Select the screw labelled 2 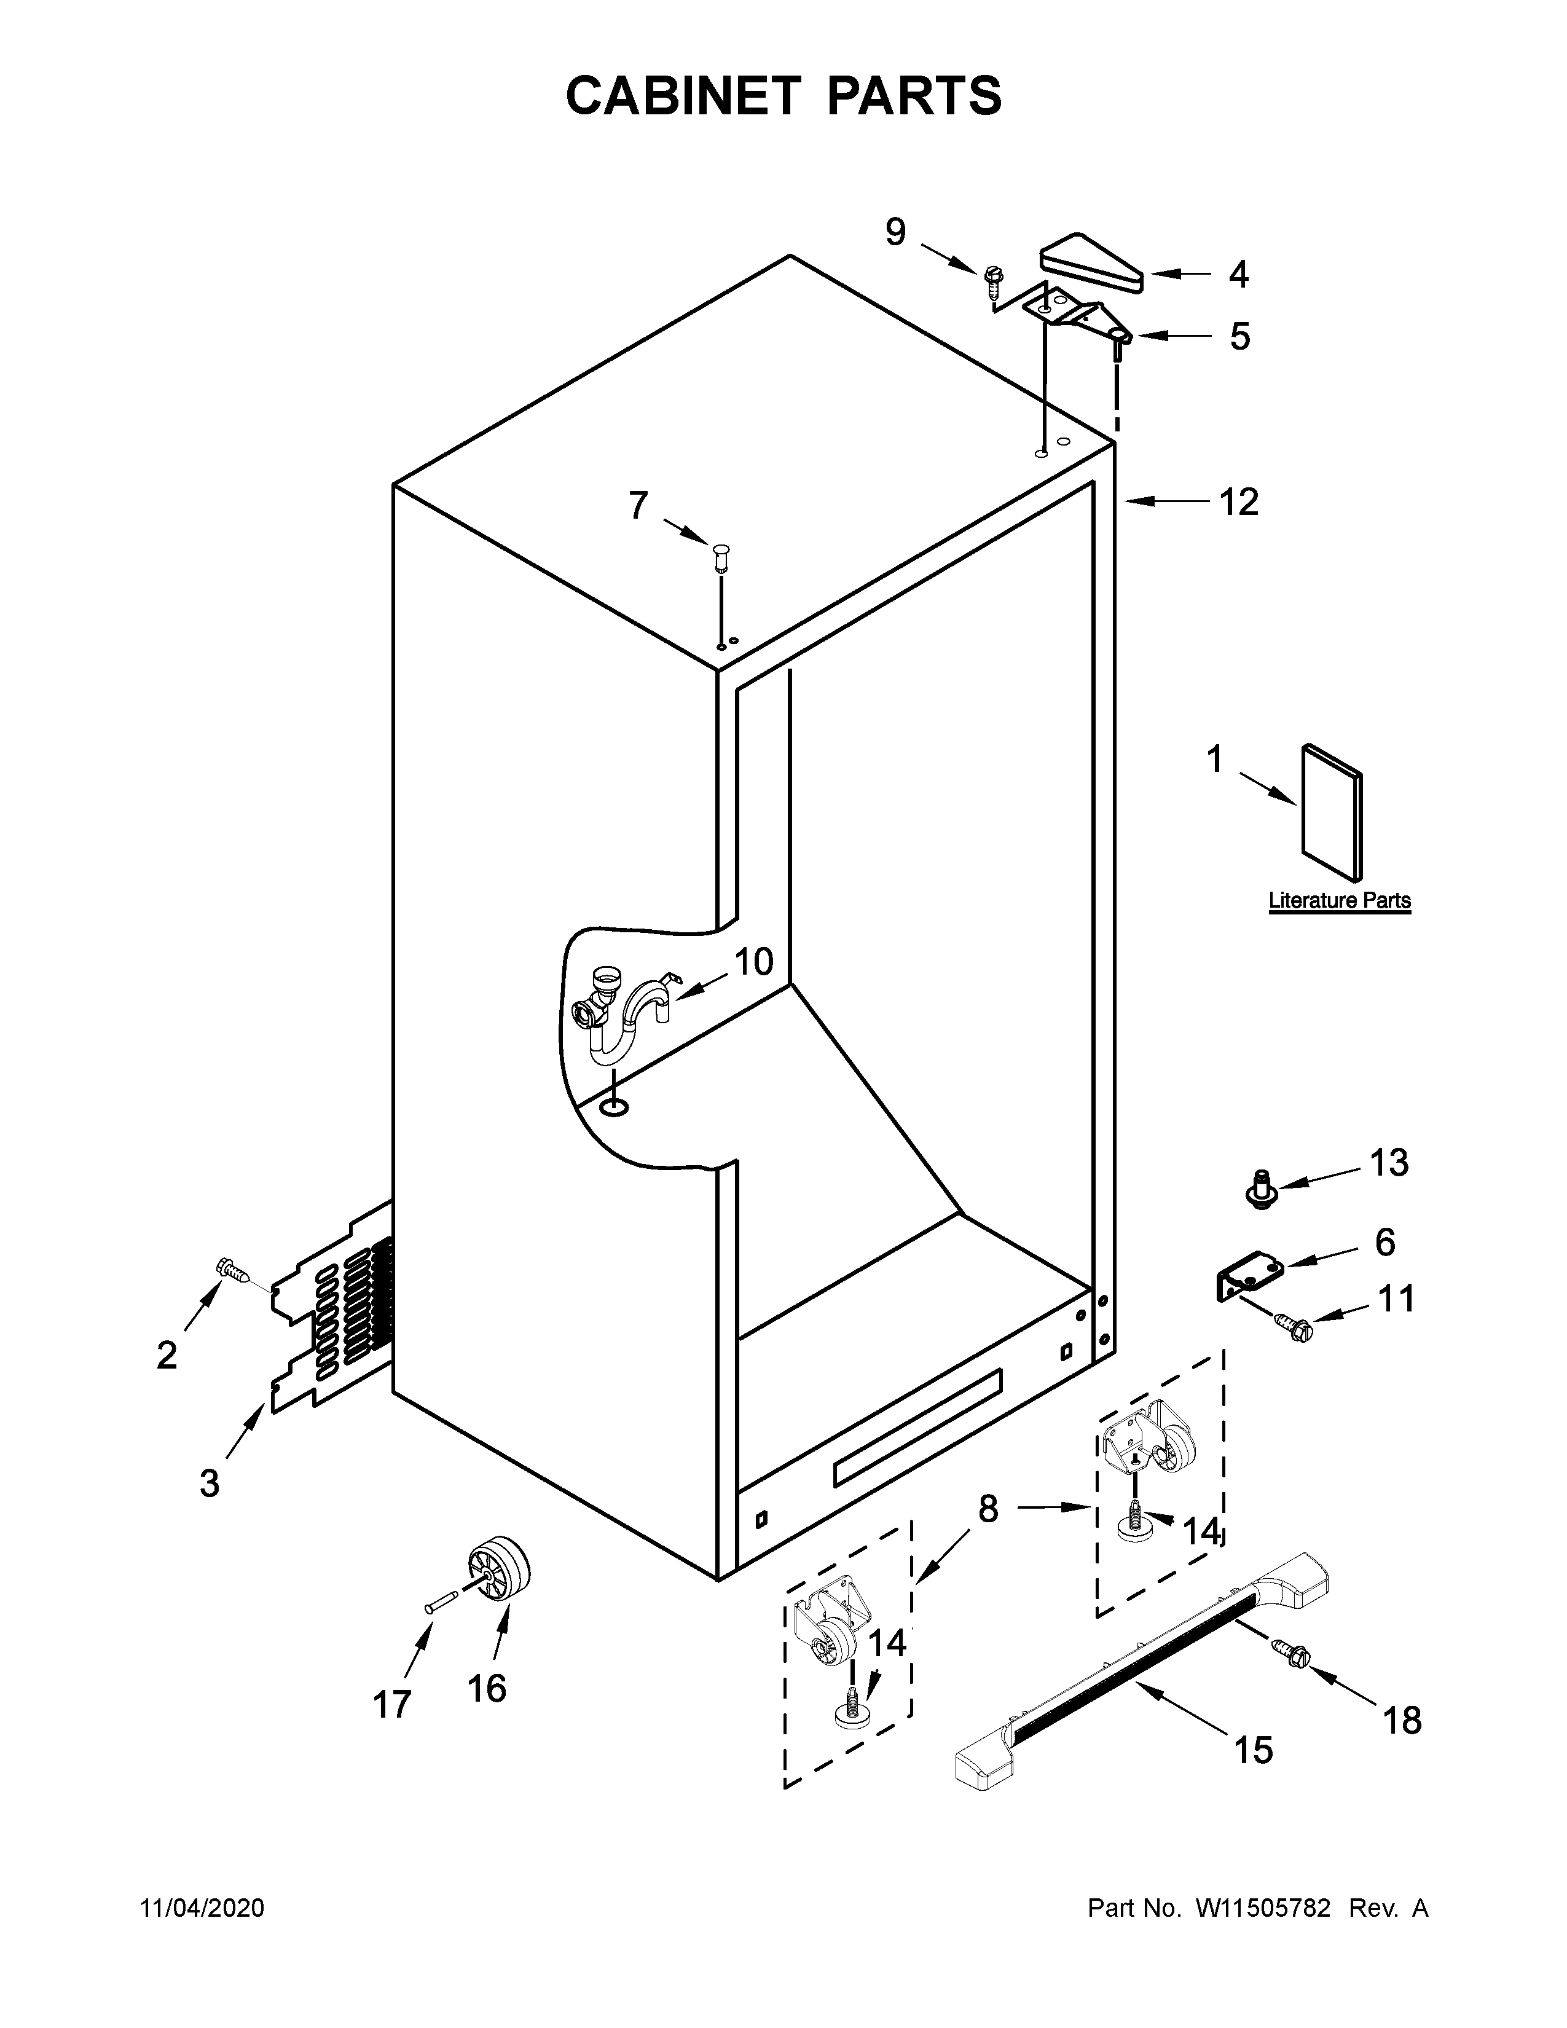(233, 1270)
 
